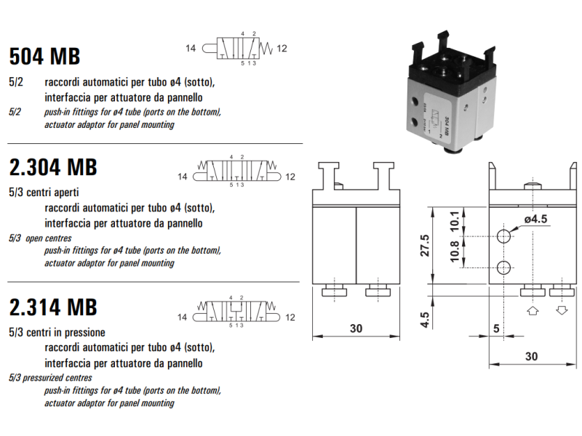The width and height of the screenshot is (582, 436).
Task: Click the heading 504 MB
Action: click(44, 56)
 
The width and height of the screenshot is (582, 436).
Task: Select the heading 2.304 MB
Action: click(52, 167)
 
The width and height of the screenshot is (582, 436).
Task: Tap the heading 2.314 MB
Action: click(52, 307)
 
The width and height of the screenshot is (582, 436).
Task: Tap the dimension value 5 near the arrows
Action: click(497, 328)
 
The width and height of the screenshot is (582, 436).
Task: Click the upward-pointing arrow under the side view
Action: click(532, 310)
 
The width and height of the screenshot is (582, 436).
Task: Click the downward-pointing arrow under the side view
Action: click(560, 310)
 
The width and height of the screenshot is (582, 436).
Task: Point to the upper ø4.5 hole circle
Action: click(504, 237)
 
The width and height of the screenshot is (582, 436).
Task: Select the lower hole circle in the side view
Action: click(504, 269)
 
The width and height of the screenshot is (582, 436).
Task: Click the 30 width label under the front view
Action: click(355, 328)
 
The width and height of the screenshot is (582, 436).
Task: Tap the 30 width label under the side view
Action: click(532, 356)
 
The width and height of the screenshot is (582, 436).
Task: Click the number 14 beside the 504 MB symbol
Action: click(191, 49)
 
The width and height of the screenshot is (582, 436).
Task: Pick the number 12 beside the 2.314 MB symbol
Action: click(290, 317)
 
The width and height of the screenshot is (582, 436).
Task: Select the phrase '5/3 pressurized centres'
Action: click(50, 378)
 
